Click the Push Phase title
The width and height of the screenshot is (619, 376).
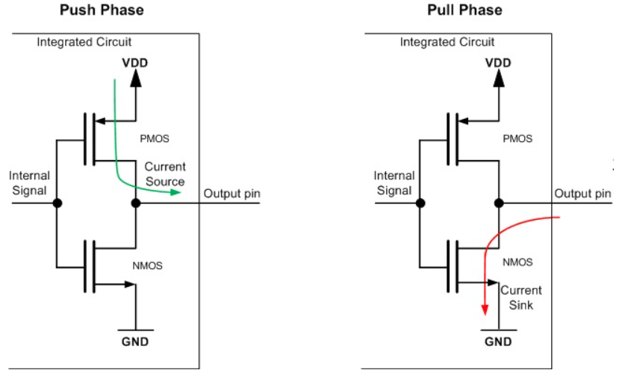pyautogui.click(x=102, y=10)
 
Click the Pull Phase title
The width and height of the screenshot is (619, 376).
pyautogui.click(x=464, y=10)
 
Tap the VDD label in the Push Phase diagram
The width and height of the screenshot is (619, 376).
pyautogui.click(x=135, y=62)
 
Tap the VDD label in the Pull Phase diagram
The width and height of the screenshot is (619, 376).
pyautogui.click(x=498, y=62)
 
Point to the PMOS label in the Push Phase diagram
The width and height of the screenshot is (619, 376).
pyautogui.click(x=152, y=138)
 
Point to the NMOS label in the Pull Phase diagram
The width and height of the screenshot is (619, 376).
pyautogui.click(x=517, y=262)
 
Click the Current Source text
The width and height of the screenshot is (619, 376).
pyautogui.click(x=165, y=174)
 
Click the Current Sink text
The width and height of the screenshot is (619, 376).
pyautogui.click(x=521, y=298)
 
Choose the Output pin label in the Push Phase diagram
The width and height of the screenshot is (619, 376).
pyautogui.click(x=232, y=194)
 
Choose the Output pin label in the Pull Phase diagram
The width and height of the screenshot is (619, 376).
pyautogui.click(x=582, y=194)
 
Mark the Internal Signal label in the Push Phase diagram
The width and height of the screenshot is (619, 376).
pyautogui.click(x=29, y=182)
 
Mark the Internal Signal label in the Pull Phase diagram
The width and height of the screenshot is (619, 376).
pyautogui.click(x=394, y=182)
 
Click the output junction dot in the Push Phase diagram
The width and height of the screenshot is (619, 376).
pyautogui.click(x=135, y=203)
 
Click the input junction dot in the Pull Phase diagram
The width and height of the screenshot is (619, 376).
pyautogui.click(x=420, y=203)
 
